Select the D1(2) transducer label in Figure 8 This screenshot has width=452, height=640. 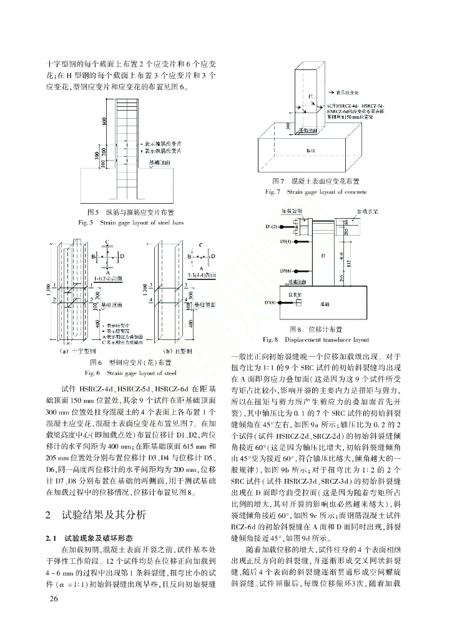coord(272,226)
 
